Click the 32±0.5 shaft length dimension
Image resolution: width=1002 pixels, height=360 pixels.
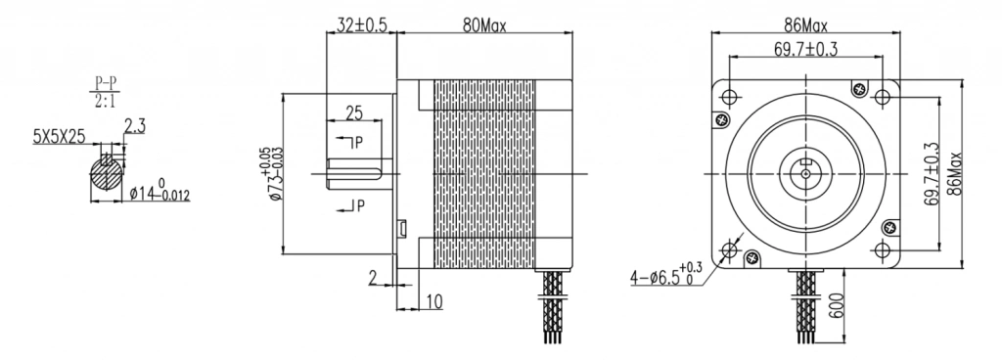click(x=362, y=24)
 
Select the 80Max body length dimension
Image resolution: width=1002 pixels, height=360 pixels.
click(x=484, y=25)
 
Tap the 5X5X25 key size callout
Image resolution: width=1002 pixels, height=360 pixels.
click(x=60, y=136)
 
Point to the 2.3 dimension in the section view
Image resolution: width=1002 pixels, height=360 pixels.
click(x=134, y=126)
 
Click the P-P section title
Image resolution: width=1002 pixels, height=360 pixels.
click(x=107, y=83)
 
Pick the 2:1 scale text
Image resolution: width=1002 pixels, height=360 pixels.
click(x=107, y=100)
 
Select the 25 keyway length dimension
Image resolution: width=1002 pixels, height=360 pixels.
click(x=354, y=112)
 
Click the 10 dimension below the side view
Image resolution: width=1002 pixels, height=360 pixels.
click(x=434, y=301)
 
